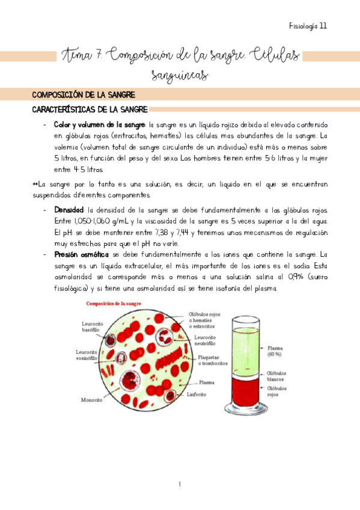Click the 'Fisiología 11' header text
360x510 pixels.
308,26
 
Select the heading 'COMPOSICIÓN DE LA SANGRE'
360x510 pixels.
84,95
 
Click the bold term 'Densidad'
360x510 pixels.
69,210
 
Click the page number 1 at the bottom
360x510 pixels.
180,484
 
